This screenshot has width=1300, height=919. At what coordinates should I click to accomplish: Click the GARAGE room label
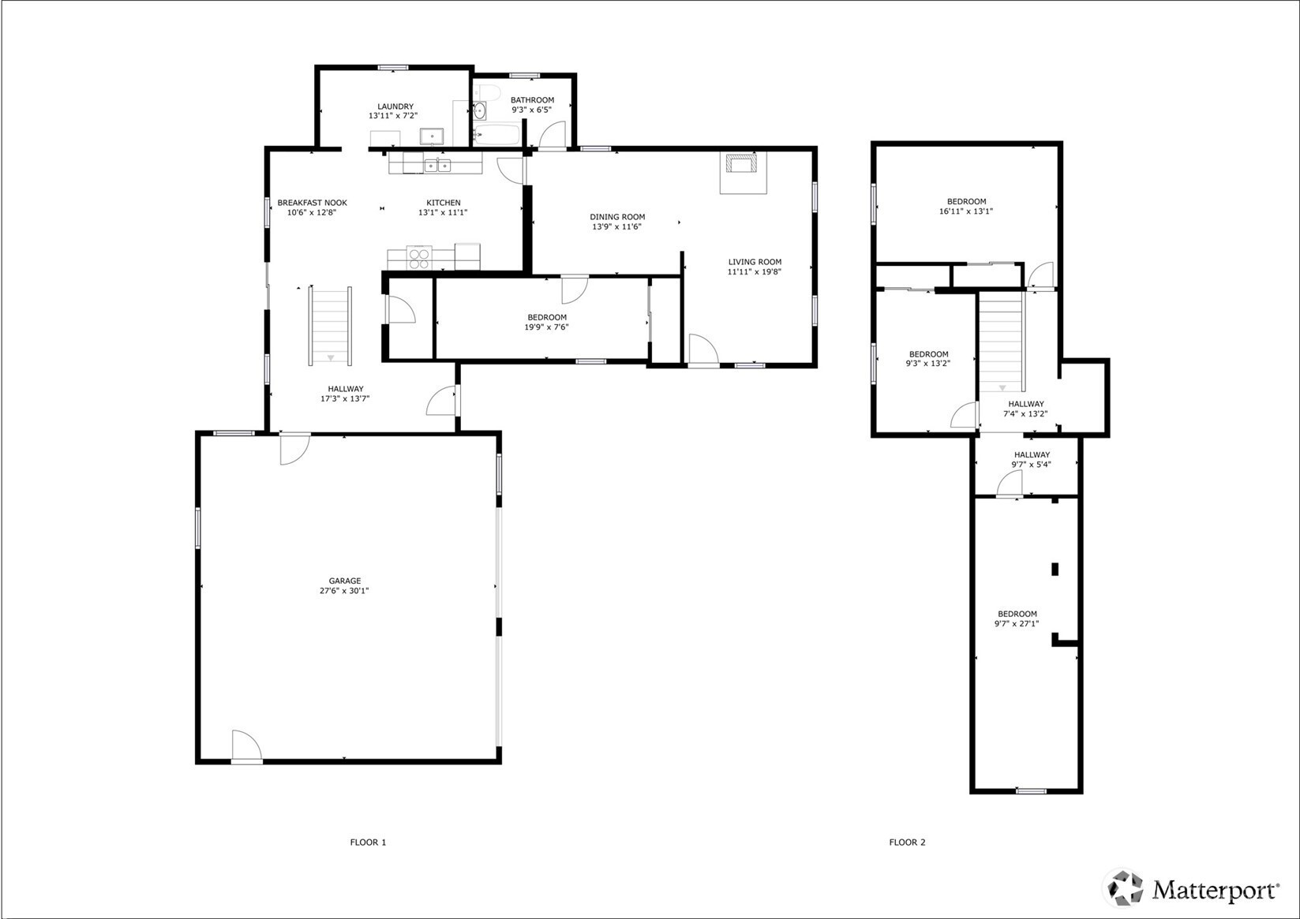pyautogui.click(x=345, y=581)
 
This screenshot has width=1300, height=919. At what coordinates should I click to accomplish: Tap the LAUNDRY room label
pyautogui.click(x=395, y=106)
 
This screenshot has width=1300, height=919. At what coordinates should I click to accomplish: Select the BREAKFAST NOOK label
pyautogui.click(x=313, y=203)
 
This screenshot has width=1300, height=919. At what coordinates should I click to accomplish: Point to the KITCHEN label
pyautogui.click(x=444, y=203)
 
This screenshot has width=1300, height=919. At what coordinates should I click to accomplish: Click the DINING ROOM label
pyautogui.click(x=617, y=217)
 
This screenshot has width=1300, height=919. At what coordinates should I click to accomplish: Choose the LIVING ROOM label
pyautogui.click(x=755, y=262)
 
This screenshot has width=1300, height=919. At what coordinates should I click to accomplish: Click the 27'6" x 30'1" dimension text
pyautogui.click(x=345, y=591)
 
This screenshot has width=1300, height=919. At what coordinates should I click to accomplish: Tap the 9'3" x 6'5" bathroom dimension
pyautogui.click(x=532, y=110)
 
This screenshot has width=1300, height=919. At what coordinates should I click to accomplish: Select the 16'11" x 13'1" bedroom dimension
pyautogui.click(x=966, y=211)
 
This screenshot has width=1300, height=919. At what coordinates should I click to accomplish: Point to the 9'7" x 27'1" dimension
pyautogui.click(x=1017, y=624)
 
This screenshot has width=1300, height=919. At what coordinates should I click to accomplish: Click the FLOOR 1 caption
pyautogui.click(x=368, y=842)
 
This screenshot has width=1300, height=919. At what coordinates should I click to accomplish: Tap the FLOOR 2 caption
pyautogui.click(x=907, y=842)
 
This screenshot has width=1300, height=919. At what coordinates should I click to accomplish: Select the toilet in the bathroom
pyautogui.click(x=488, y=92)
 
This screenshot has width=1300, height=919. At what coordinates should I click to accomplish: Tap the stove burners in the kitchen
pyautogui.click(x=419, y=258)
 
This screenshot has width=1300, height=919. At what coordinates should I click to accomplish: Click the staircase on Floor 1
pyautogui.click(x=331, y=326)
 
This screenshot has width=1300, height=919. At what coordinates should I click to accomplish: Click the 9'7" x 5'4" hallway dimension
pyautogui.click(x=1032, y=464)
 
